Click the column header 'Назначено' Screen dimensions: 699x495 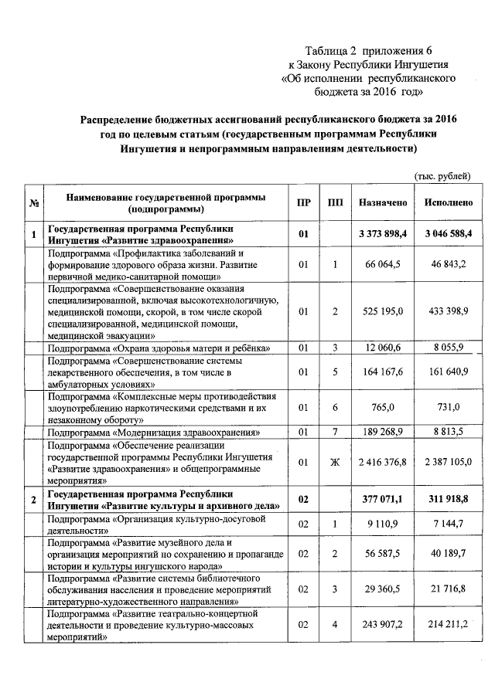tap(382, 203)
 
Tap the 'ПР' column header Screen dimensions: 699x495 tap(304, 203)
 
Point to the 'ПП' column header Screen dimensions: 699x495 tap(335, 203)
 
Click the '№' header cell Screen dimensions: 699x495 tap(34, 204)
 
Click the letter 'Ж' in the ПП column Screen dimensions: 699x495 tap(335, 462)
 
